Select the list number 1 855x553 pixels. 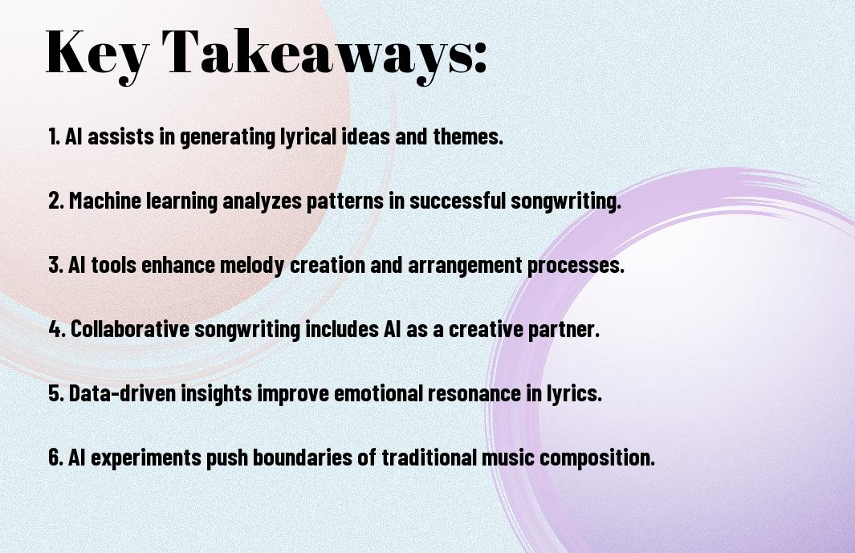[54, 136]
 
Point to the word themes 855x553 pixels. [467, 136]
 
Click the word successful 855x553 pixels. [458, 201]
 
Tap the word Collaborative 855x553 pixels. [130, 329]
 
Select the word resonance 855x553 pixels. [474, 393]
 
